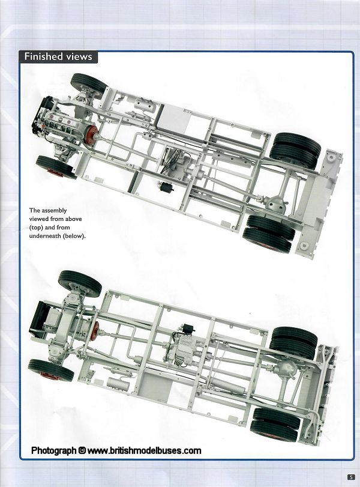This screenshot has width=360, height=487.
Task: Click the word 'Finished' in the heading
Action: pyautogui.click(x=43, y=57)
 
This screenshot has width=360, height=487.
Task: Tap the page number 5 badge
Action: pyautogui.click(x=350, y=477)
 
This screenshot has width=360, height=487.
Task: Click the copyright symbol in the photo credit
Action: pyautogui.click(x=82, y=450)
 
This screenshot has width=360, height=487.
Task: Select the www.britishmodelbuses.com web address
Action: pyautogui.click(x=145, y=450)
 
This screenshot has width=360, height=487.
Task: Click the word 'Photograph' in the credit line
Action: pyautogui.click(x=54, y=450)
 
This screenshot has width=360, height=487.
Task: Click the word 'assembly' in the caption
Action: pyautogui.click(x=55, y=211)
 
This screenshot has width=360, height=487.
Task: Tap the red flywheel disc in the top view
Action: pyautogui.click(x=92, y=135)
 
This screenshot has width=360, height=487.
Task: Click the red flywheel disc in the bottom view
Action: pyautogui.click(x=95, y=331)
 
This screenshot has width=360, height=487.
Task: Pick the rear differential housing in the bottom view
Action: pyautogui.click(x=286, y=369)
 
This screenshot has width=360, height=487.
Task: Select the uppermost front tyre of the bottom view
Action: pyautogui.click(x=80, y=283)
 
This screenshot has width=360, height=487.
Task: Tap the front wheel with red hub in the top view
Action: pyautogui.click(x=56, y=168)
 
